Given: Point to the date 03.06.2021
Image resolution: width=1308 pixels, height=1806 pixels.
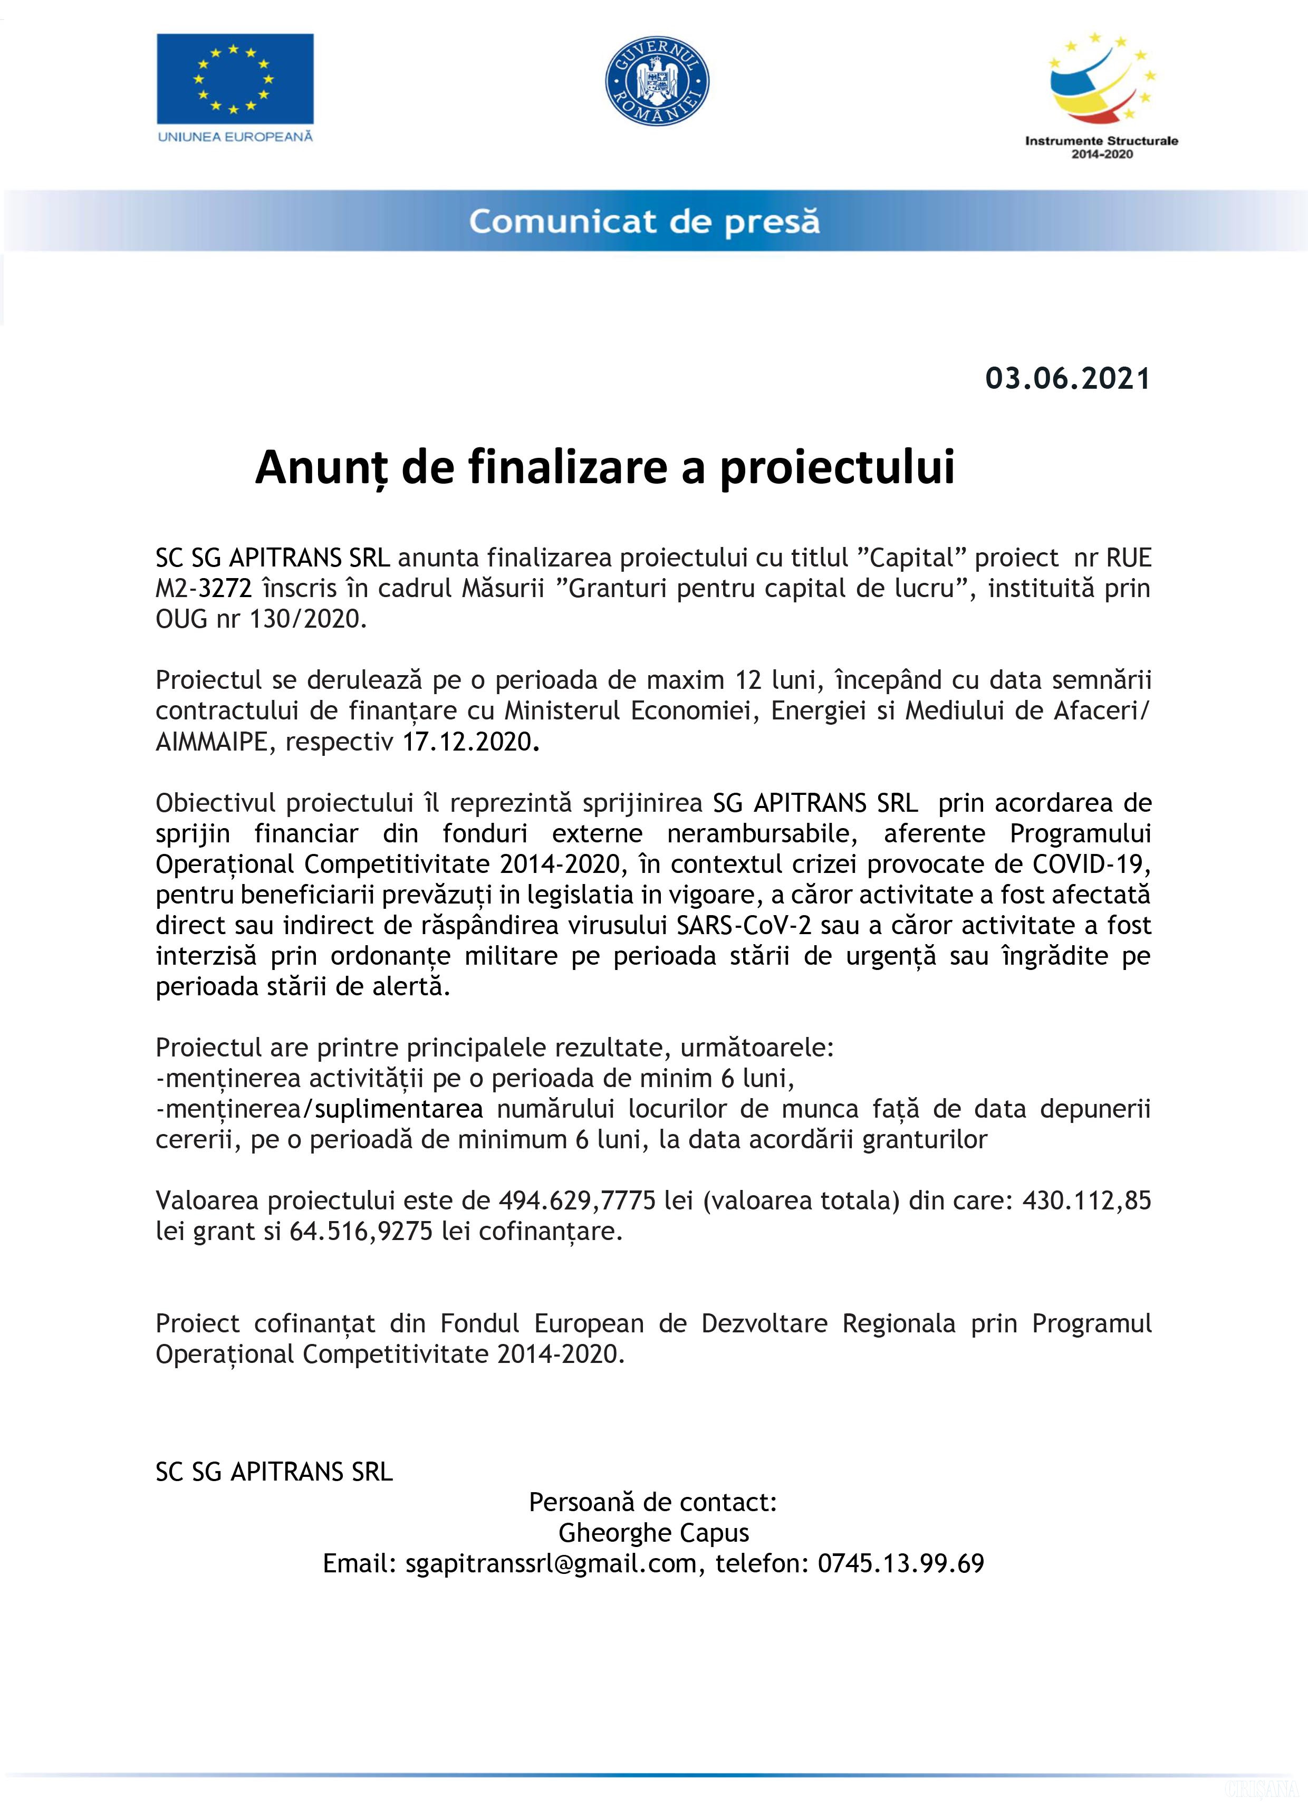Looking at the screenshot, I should pos(1067,378).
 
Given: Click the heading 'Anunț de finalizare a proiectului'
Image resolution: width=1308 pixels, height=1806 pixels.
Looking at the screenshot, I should pos(604,467).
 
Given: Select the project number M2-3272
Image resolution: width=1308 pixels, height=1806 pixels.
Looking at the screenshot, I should pos(204,589).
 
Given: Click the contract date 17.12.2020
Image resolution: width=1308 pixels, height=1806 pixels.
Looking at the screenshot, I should pos(467,742).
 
